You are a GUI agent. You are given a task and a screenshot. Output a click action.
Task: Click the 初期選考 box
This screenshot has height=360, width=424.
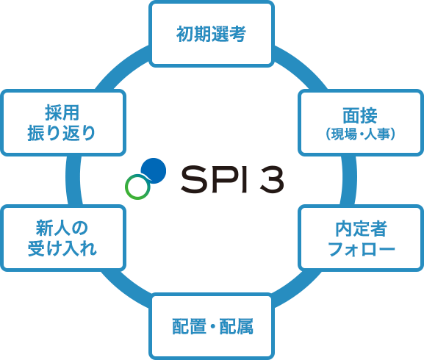pos(212,34)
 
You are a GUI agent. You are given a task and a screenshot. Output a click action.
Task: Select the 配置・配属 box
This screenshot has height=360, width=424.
pos(212,326)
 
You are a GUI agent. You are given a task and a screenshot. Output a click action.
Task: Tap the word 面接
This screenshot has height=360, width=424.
pos(360,115)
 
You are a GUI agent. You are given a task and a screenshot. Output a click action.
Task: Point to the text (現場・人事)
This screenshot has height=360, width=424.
pos(361,134)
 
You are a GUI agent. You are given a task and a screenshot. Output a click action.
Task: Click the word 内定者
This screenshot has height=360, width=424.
pos(361,228)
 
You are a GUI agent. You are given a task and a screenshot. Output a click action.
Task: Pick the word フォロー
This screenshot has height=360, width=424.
pos(362,249)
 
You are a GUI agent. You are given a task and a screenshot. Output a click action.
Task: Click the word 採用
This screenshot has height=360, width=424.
pos(62,112)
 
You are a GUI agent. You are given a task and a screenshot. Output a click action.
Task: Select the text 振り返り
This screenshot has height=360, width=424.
pos(62,133)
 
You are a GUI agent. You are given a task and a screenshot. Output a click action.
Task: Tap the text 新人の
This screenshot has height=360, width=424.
pos(62,228)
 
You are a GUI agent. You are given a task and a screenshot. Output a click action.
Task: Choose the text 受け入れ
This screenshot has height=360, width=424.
pos(62,248)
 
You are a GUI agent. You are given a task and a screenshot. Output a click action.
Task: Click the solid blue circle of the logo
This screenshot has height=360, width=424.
pos(154,170)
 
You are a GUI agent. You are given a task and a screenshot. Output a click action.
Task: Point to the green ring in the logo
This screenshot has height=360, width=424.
pos(137,187)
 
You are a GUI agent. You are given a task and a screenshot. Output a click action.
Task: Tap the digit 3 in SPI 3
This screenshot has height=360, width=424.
pos(272,179)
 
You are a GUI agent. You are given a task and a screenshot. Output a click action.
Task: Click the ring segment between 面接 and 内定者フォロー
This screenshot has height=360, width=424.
pos(349,180)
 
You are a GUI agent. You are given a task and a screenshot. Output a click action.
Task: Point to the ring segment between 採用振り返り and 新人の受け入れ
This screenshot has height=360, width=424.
pos(73,180)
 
